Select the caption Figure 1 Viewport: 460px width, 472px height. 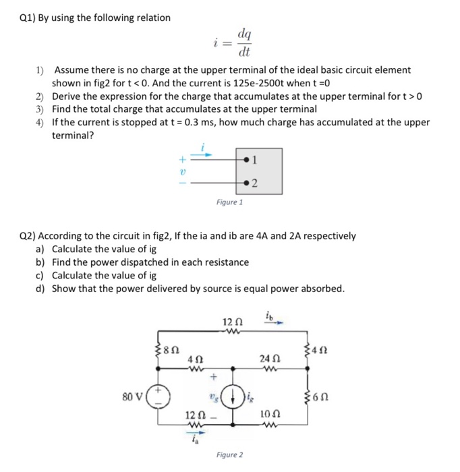point(229,202)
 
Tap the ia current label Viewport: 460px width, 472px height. point(194,438)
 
